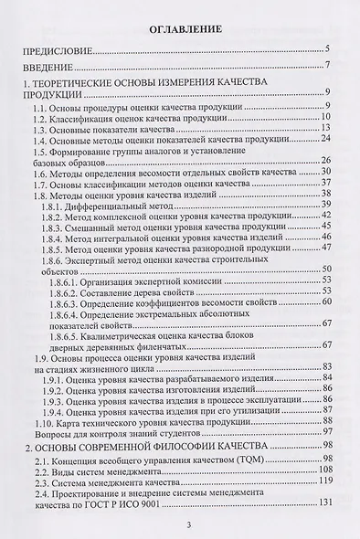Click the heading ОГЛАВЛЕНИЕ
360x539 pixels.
[182, 29]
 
